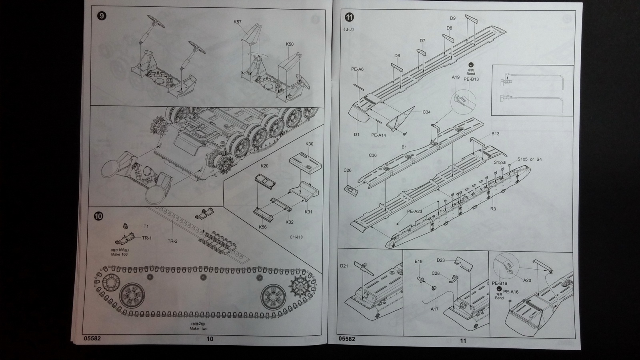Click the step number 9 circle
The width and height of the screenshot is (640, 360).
pos(102,16)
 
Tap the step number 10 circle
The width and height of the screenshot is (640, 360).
pos(98,216)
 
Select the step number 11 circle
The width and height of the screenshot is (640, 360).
pos(350,17)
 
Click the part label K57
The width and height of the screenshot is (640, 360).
pos(238,22)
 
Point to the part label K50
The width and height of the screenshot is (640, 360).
pos(290,44)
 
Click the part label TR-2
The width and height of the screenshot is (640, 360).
pos(172,241)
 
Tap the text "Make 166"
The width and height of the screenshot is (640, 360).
pos(119,254)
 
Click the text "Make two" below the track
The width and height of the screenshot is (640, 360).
pos(198,329)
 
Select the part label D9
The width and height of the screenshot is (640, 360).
pos(453,18)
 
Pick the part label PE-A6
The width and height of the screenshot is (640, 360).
pos(357,69)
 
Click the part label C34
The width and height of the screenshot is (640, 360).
pos(427,112)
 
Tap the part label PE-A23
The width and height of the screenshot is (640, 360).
pos(414,212)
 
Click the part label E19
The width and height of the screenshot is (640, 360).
pos(418,262)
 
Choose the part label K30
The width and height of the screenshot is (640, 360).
pos(309,144)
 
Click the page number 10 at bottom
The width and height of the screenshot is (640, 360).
pos(210,339)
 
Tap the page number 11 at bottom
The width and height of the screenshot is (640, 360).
pos(463,341)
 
